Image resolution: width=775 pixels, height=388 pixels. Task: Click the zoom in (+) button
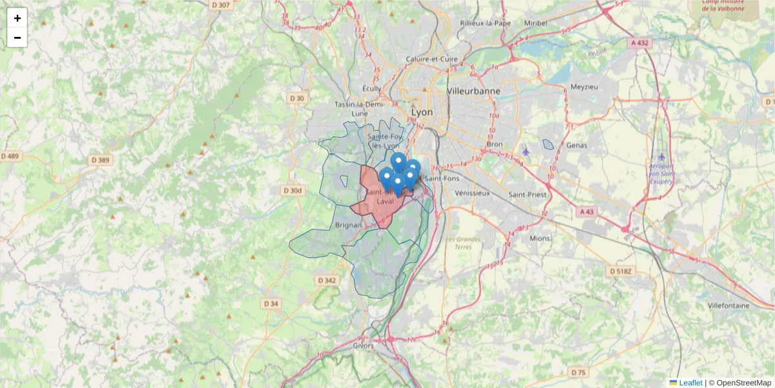17,18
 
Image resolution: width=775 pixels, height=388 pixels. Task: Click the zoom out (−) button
17,38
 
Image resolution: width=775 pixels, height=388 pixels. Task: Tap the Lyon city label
422,113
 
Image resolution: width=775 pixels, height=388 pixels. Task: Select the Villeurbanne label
473,91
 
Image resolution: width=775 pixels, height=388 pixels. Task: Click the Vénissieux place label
473,193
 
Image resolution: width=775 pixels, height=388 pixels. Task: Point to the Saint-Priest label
527,194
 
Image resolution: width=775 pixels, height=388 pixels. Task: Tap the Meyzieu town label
585,87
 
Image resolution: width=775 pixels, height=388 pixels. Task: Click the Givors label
363,346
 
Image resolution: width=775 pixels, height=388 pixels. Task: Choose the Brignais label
349,225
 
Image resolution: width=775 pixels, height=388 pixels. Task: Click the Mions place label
540,238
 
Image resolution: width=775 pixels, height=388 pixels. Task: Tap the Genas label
576,145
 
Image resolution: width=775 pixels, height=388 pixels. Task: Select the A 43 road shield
586,211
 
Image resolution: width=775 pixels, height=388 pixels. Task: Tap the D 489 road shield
11,156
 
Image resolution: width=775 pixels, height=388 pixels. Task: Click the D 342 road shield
327,281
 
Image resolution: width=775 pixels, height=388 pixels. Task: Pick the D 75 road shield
579,372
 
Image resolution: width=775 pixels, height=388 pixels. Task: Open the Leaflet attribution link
690,383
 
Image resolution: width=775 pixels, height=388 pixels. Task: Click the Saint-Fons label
441,178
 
